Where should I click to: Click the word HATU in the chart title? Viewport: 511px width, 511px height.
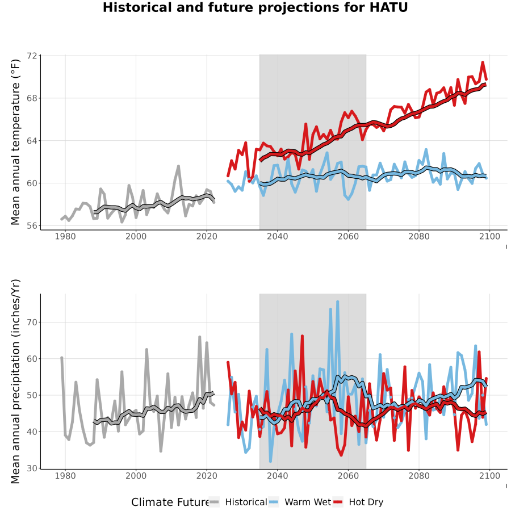click(388, 7)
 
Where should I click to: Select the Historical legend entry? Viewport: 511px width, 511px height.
click(238, 502)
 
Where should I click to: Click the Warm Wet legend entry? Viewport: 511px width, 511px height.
click(299, 502)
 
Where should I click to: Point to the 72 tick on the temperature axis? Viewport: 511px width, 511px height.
click(32, 56)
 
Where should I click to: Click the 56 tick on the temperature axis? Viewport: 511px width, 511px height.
click(32, 225)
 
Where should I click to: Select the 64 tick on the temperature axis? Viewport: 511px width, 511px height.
click(32, 141)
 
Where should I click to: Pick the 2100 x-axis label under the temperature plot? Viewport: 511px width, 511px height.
click(489, 236)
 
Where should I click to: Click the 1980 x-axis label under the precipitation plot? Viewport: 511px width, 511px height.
click(65, 476)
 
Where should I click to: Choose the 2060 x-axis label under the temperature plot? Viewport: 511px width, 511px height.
click(348, 236)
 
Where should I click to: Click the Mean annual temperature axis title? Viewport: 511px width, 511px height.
click(15, 142)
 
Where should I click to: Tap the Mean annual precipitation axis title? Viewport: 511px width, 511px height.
click(15, 382)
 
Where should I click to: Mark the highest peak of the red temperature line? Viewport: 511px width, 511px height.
click(483, 62)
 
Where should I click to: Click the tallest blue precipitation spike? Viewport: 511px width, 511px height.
click(338, 302)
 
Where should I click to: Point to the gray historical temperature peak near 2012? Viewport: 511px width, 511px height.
click(178, 166)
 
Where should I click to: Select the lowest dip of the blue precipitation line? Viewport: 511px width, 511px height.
click(270, 461)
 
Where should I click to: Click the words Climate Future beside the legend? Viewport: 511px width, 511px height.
click(170, 502)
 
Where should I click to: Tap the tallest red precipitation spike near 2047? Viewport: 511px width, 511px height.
click(302, 336)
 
